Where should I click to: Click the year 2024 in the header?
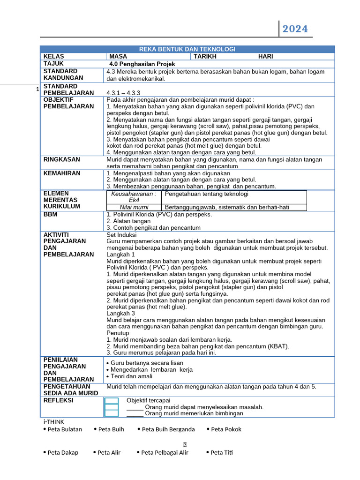(295, 29)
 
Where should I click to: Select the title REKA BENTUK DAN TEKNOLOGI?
(187, 49)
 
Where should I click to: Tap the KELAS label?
(53, 56)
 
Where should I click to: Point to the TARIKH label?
(205, 56)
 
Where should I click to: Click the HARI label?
(266, 56)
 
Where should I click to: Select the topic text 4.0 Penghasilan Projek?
(142, 64)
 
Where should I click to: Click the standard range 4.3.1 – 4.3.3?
(123, 93)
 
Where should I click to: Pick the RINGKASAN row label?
(61, 159)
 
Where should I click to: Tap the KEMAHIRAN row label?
(62, 173)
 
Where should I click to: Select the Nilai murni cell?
(134, 207)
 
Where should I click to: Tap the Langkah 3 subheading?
(120, 313)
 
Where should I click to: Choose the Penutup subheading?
(118, 333)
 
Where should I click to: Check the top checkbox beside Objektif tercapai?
(112, 400)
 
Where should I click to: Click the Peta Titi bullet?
(221, 452)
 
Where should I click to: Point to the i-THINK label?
(53, 421)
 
